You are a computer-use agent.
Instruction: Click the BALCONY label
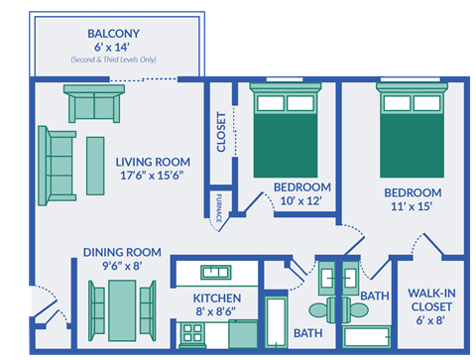pyautogui.click(x=112, y=33)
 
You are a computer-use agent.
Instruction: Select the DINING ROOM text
pyautogui.click(x=122, y=252)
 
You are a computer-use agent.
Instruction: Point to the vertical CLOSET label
pyautogui.click(x=220, y=133)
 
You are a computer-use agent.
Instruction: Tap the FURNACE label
pyautogui.click(x=218, y=205)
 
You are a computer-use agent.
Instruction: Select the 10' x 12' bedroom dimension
pyautogui.click(x=302, y=201)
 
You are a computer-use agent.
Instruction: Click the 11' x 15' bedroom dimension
pyautogui.click(x=414, y=207)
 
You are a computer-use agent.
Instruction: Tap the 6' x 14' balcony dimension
pyautogui.click(x=112, y=47)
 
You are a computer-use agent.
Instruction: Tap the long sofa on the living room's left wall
pyautogui.click(x=58, y=164)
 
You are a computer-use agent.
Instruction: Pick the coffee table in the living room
pyautogui.click(x=95, y=165)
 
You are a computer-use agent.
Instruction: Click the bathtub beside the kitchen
pyautogui.click(x=277, y=322)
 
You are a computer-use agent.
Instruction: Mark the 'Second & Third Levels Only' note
pyautogui.click(x=112, y=60)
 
